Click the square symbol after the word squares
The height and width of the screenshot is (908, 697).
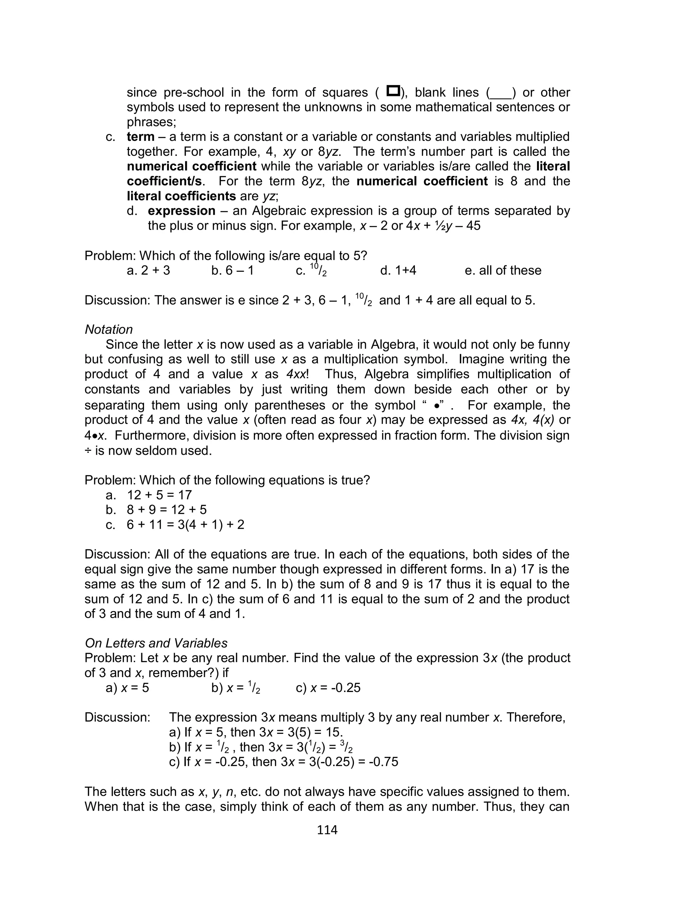click(392, 90)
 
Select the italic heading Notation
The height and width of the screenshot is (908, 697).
click(109, 329)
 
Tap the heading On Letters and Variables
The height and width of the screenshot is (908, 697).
click(156, 643)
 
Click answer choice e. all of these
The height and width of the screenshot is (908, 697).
click(503, 270)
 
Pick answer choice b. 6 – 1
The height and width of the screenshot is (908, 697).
click(232, 270)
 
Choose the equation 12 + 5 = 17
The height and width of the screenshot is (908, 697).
click(159, 495)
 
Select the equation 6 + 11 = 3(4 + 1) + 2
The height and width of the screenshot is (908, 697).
click(185, 525)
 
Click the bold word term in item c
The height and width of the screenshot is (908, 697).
click(140, 136)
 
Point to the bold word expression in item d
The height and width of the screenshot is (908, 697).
click(181, 211)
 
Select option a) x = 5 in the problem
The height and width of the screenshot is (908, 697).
click(127, 688)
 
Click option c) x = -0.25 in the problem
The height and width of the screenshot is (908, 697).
click(328, 688)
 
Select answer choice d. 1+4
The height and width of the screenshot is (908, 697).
click(398, 270)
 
